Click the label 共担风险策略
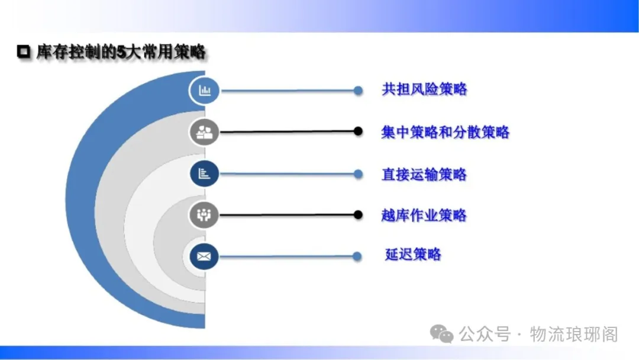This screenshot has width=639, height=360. point(424,89)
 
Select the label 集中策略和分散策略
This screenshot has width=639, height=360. point(445,132)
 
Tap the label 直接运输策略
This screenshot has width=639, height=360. point(424,175)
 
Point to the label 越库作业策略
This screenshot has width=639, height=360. point(424,216)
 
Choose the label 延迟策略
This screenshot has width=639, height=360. point(413,255)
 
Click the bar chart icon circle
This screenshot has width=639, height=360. point(204,90)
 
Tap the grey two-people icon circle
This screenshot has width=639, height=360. point(204,132)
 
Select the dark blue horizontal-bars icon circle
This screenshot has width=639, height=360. point(204,173)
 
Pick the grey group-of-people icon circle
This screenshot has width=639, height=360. point(204,214)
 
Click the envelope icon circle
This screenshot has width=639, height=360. point(204,256)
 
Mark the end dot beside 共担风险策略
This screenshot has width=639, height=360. point(358,91)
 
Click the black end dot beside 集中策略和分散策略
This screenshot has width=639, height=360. point(358,131)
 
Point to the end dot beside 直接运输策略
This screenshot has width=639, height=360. point(358,174)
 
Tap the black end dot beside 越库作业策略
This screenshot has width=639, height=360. point(358,214)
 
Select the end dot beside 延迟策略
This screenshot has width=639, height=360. point(357,256)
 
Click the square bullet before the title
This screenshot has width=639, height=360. point(24,52)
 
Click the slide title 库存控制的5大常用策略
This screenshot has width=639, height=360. point(121,52)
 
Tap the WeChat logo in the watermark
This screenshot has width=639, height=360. point(442,334)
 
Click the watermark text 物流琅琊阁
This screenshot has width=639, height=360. point(574,335)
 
